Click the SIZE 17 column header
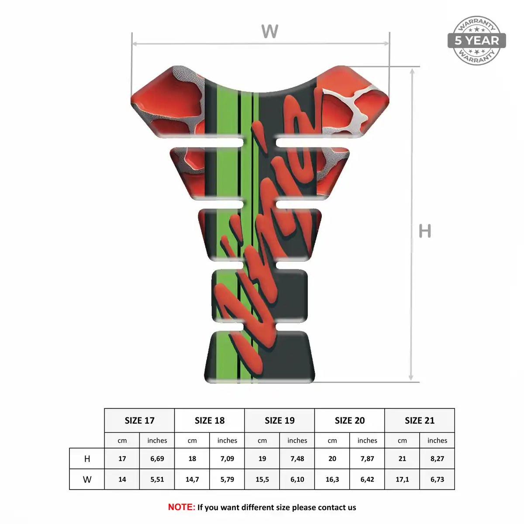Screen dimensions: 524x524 [x=139, y=421]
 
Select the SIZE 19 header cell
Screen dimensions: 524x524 [x=279, y=421]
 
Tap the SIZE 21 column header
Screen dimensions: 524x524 [x=420, y=421]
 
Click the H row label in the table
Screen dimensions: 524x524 [x=87, y=459]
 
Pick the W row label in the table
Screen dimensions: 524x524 [x=87, y=479]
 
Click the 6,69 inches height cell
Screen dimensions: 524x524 [x=157, y=459]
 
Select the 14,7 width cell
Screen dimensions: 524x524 [x=192, y=479]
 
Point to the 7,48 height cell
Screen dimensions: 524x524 [x=297, y=459]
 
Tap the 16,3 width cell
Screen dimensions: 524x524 [x=332, y=479]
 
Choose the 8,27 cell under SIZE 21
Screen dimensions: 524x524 [x=437, y=459]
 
